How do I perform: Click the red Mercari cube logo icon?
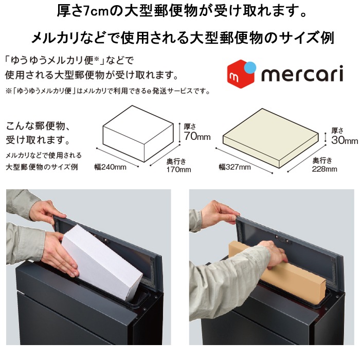[x=241, y=74]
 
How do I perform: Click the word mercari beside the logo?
[x=302, y=74]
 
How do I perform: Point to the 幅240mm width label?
[x=111, y=167]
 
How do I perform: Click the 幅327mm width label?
[x=235, y=167]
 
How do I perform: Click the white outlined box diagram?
[x=138, y=134]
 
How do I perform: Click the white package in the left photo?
[x=102, y=262]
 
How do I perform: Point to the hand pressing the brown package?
[x=276, y=254]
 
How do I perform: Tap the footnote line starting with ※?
[x=107, y=91]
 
